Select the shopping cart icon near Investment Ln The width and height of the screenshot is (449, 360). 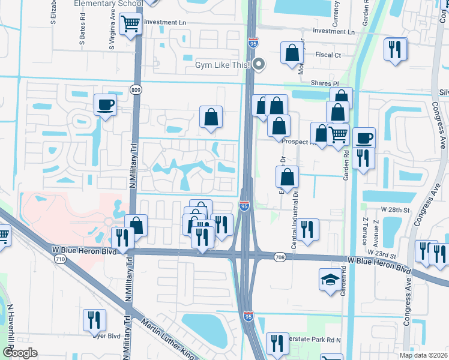[130, 25]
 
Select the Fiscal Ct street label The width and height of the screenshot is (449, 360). [328, 55]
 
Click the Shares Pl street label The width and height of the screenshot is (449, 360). [325, 83]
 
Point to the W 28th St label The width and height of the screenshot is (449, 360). [394, 210]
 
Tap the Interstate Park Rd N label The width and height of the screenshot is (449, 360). [315, 340]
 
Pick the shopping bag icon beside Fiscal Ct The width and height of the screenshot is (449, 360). [292, 53]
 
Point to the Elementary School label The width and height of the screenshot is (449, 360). [108, 4]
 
